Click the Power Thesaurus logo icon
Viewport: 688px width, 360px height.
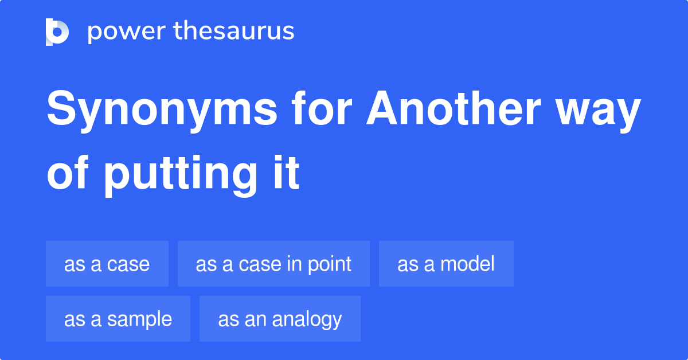[57, 32]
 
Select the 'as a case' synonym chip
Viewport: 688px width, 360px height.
[107, 264]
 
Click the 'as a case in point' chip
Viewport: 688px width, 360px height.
[273, 264]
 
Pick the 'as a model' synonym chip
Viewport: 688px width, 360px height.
[446, 264]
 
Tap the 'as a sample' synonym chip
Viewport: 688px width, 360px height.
[118, 319]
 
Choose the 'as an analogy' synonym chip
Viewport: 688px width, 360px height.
[280, 319]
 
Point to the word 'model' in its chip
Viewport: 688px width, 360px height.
[467, 264]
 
